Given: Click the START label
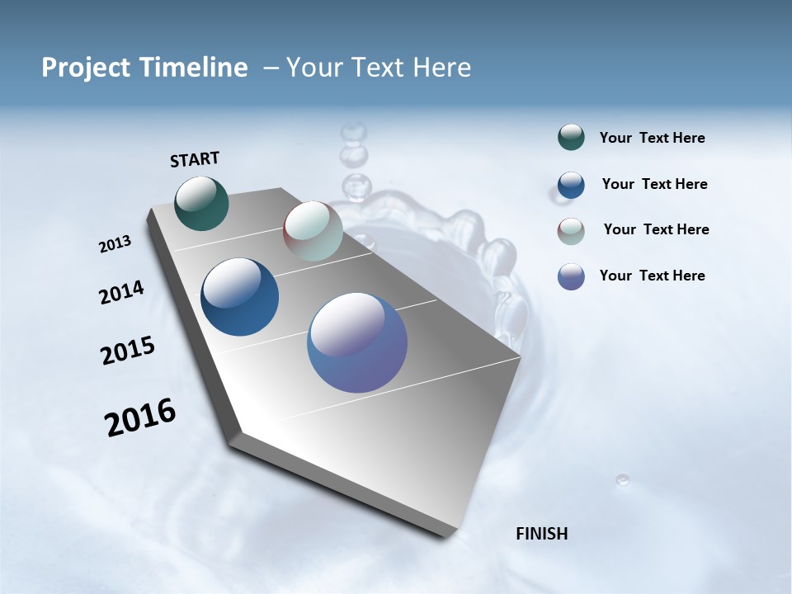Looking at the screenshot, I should pyautogui.click(x=195, y=159).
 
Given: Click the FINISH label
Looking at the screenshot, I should pyautogui.click(x=541, y=534).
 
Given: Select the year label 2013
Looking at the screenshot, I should pyautogui.click(x=115, y=244).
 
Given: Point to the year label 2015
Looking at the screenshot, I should pyautogui.click(x=128, y=351).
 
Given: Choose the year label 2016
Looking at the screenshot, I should pyautogui.click(x=140, y=417).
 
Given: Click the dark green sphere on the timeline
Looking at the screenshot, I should pyautogui.click(x=201, y=203).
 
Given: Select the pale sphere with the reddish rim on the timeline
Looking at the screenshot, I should pyautogui.click(x=313, y=231).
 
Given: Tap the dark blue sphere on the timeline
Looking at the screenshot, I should pyautogui.click(x=239, y=297).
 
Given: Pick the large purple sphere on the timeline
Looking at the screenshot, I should pyautogui.click(x=357, y=342).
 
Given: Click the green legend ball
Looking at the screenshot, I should pyautogui.click(x=571, y=138).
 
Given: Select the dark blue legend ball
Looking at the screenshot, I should pyautogui.click(x=571, y=185).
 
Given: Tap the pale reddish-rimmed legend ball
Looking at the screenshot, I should pyautogui.click(x=571, y=231).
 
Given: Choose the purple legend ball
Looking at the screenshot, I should pyautogui.click(x=571, y=276).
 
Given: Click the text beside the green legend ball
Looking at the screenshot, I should pyautogui.click(x=652, y=138).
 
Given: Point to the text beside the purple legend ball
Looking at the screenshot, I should pyautogui.click(x=652, y=276).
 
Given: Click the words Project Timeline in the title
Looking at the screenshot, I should pyautogui.click(x=144, y=68).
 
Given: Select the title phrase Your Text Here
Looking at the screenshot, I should pyautogui.click(x=378, y=68).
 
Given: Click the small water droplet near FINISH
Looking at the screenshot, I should pyautogui.click(x=622, y=479).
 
